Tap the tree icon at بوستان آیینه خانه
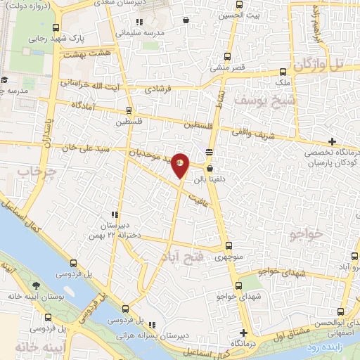coord(36,285)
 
